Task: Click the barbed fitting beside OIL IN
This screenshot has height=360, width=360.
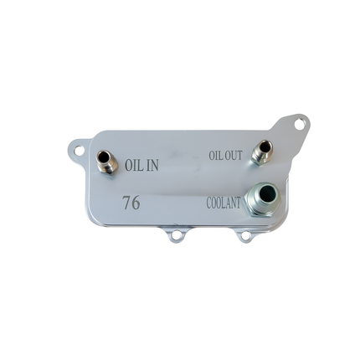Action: (x=105, y=160)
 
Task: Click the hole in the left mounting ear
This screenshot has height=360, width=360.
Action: (x=78, y=152)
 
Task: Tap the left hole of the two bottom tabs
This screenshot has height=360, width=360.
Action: (x=175, y=237)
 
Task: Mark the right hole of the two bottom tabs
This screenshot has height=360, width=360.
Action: (x=244, y=236)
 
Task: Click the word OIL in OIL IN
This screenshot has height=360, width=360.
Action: (x=134, y=166)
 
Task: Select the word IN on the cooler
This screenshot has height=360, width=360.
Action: (x=152, y=166)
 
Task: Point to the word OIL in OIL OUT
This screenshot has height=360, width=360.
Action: (x=215, y=157)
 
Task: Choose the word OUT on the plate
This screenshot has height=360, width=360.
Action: (x=233, y=156)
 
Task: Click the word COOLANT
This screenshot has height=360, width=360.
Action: (x=224, y=203)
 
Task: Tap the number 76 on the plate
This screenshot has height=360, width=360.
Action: (x=131, y=203)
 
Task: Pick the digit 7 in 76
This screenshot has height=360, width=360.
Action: (x=126, y=203)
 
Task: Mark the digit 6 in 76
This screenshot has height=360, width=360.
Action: (x=136, y=203)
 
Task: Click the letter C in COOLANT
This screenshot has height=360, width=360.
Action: (x=209, y=203)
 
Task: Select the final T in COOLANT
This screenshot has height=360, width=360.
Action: (x=239, y=203)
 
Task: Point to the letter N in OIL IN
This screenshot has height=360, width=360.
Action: (x=155, y=166)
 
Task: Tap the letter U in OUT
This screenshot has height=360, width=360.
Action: (x=233, y=156)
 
